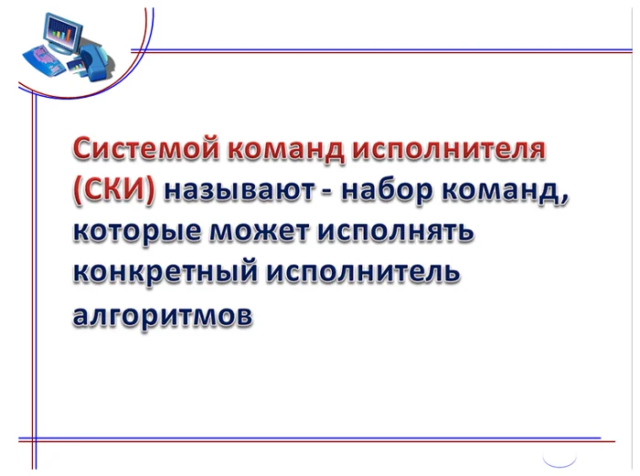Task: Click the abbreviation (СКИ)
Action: (x=114, y=190)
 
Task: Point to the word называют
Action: (x=240, y=191)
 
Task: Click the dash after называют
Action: (x=327, y=192)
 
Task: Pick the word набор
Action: (x=387, y=191)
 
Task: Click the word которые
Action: (x=137, y=232)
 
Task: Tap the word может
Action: (x=260, y=231)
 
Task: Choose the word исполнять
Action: (x=396, y=232)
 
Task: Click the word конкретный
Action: (x=166, y=271)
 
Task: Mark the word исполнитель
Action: (x=364, y=272)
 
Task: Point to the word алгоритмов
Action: (x=163, y=315)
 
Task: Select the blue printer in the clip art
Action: (x=95, y=61)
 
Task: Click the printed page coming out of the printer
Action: (x=76, y=66)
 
